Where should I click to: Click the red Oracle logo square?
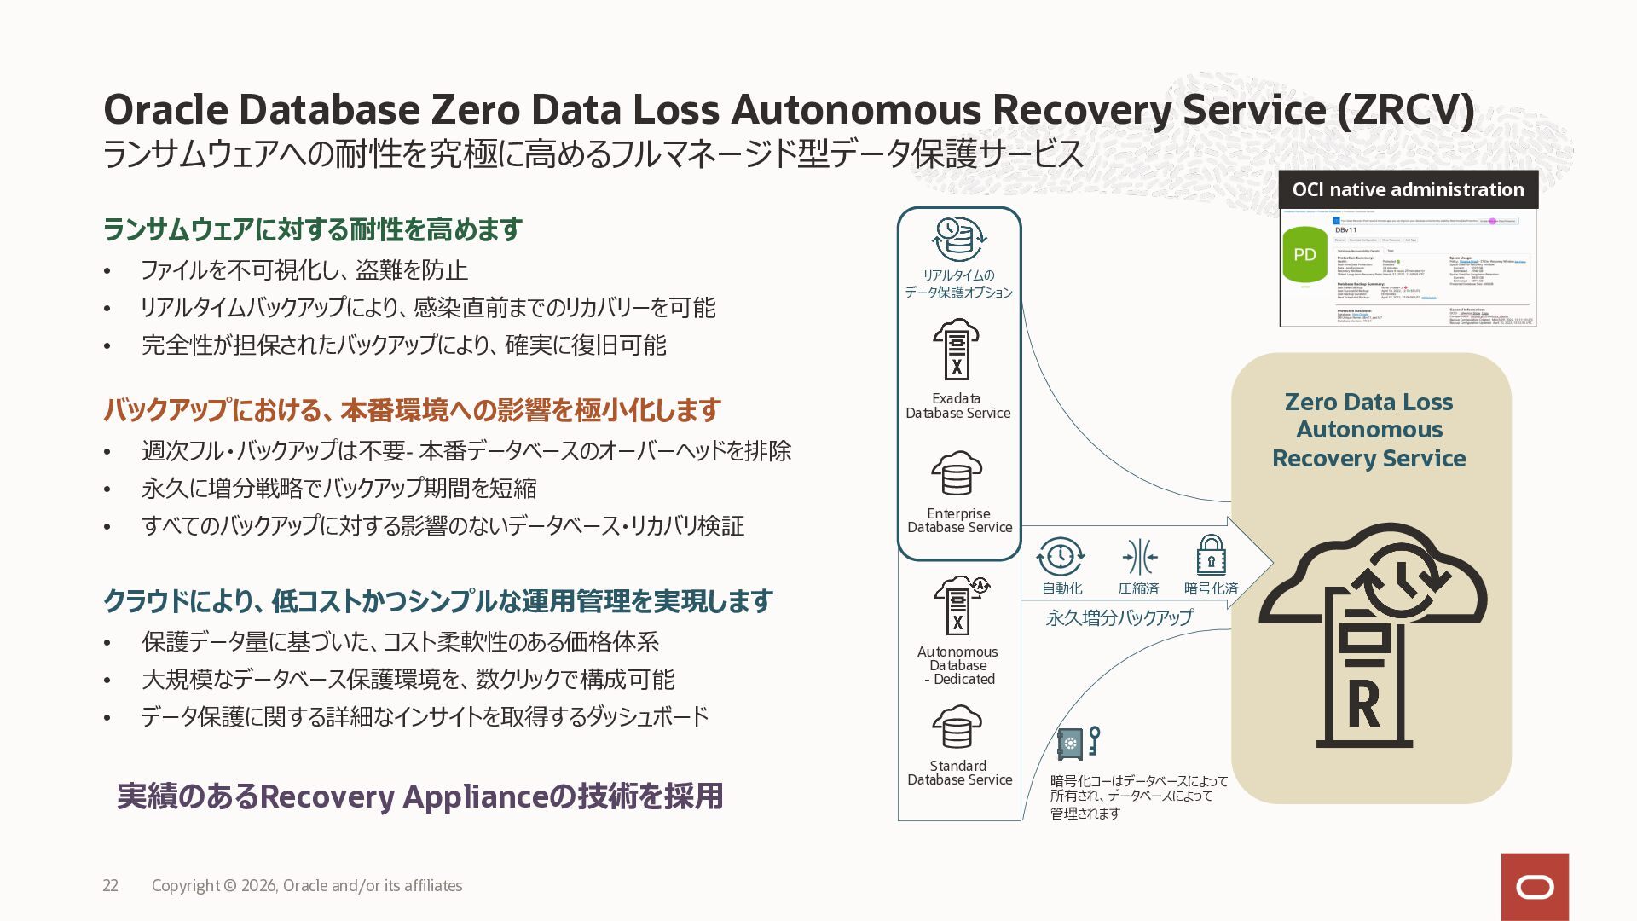(x=1535, y=887)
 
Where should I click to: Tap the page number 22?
(x=111, y=886)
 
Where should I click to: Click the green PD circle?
(x=1305, y=254)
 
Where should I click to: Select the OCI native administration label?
(x=1408, y=189)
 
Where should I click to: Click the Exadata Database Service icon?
(x=957, y=350)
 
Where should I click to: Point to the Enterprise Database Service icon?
(x=957, y=473)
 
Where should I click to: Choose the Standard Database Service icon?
(x=957, y=727)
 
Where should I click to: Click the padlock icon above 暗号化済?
(x=1211, y=555)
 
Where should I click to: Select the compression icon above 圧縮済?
(x=1139, y=558)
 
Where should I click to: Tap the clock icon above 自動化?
(x=1061, y=557)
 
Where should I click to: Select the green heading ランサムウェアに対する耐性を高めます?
(x=312, y=229)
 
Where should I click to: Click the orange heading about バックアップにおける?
(x=412, y=410)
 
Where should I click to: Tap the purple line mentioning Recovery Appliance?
(x=419, y=796)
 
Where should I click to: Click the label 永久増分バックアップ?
(x=1119, y=617)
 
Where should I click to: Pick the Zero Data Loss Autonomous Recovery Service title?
(x=1369, y=430)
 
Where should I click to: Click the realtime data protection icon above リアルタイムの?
(x=959, y=239)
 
